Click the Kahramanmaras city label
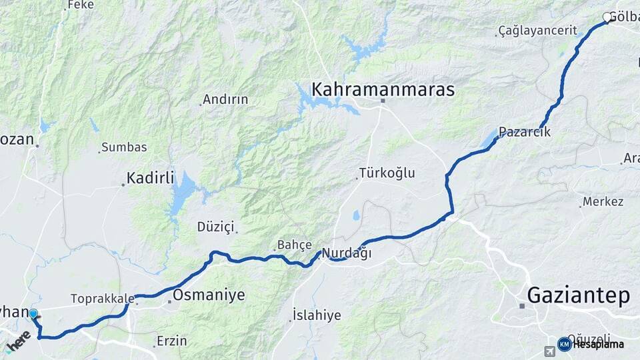pyautogui.click(x=383, y=89)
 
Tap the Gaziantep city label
pyautogui.click(x=577, y=295)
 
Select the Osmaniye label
pyautogui.click(x=209, y=295)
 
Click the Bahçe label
pyautogui.click(x=294, y=245)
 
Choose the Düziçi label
pyautogui.click(x=215, y=227)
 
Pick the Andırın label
pyautogui.click(x=225, y=99)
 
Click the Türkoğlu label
pyautogui.click(x=387, y=173)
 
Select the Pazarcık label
pyautogui.click(x=525, y=132)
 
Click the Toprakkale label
pyautogui.click(x=99, y=299)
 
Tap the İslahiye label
pyautogui.click(x=317, y=315)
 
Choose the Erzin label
pyautogui.click(x=171, y=341)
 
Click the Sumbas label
pyautogui.click(x=123, y=147)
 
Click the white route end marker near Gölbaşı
pyautogui.click(x=607, y=17)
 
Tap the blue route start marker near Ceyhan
pyautogui.click(x=33, y=313)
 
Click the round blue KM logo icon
pyautogui.click(x=564, y=344)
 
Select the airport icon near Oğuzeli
pyautogui.click(x=549, y=351)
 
